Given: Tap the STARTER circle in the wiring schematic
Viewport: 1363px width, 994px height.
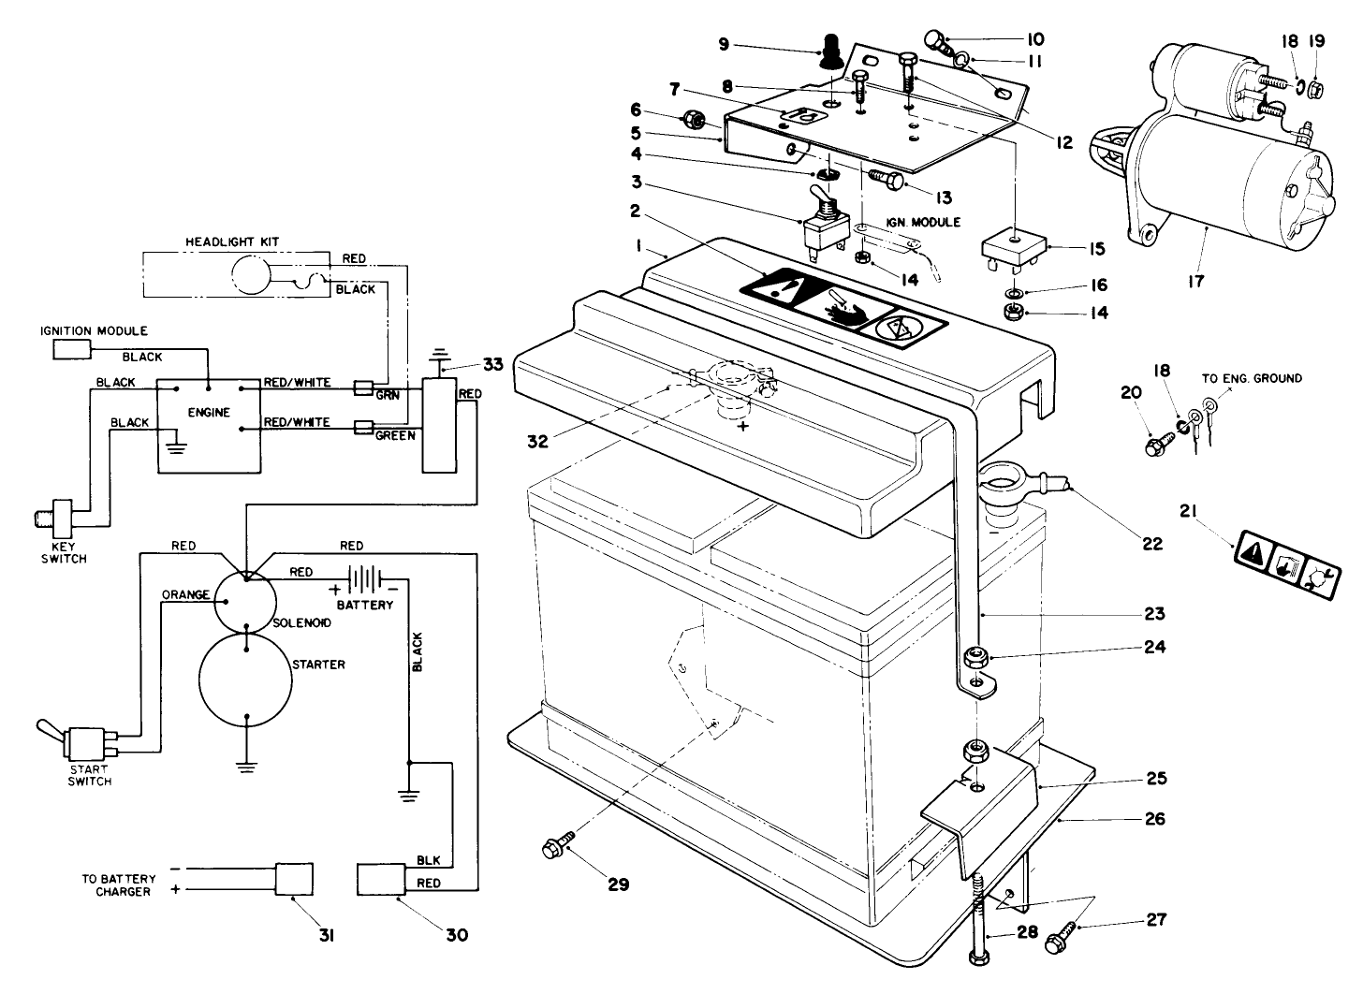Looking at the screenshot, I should pos(245,680).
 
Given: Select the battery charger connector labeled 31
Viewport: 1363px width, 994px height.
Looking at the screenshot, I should pos(292,881).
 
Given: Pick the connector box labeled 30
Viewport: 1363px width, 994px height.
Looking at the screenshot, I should pos(381,881).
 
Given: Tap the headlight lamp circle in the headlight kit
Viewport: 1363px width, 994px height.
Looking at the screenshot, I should pos(250,277).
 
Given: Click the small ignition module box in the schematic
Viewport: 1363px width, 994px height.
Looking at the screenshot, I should pos(70,350).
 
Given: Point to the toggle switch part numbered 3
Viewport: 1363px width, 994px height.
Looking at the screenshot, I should pos(820,224).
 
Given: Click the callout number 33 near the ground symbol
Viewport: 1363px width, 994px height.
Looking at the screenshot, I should pos(492,364).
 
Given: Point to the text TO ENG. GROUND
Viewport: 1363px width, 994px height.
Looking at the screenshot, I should pos(1251,379).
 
